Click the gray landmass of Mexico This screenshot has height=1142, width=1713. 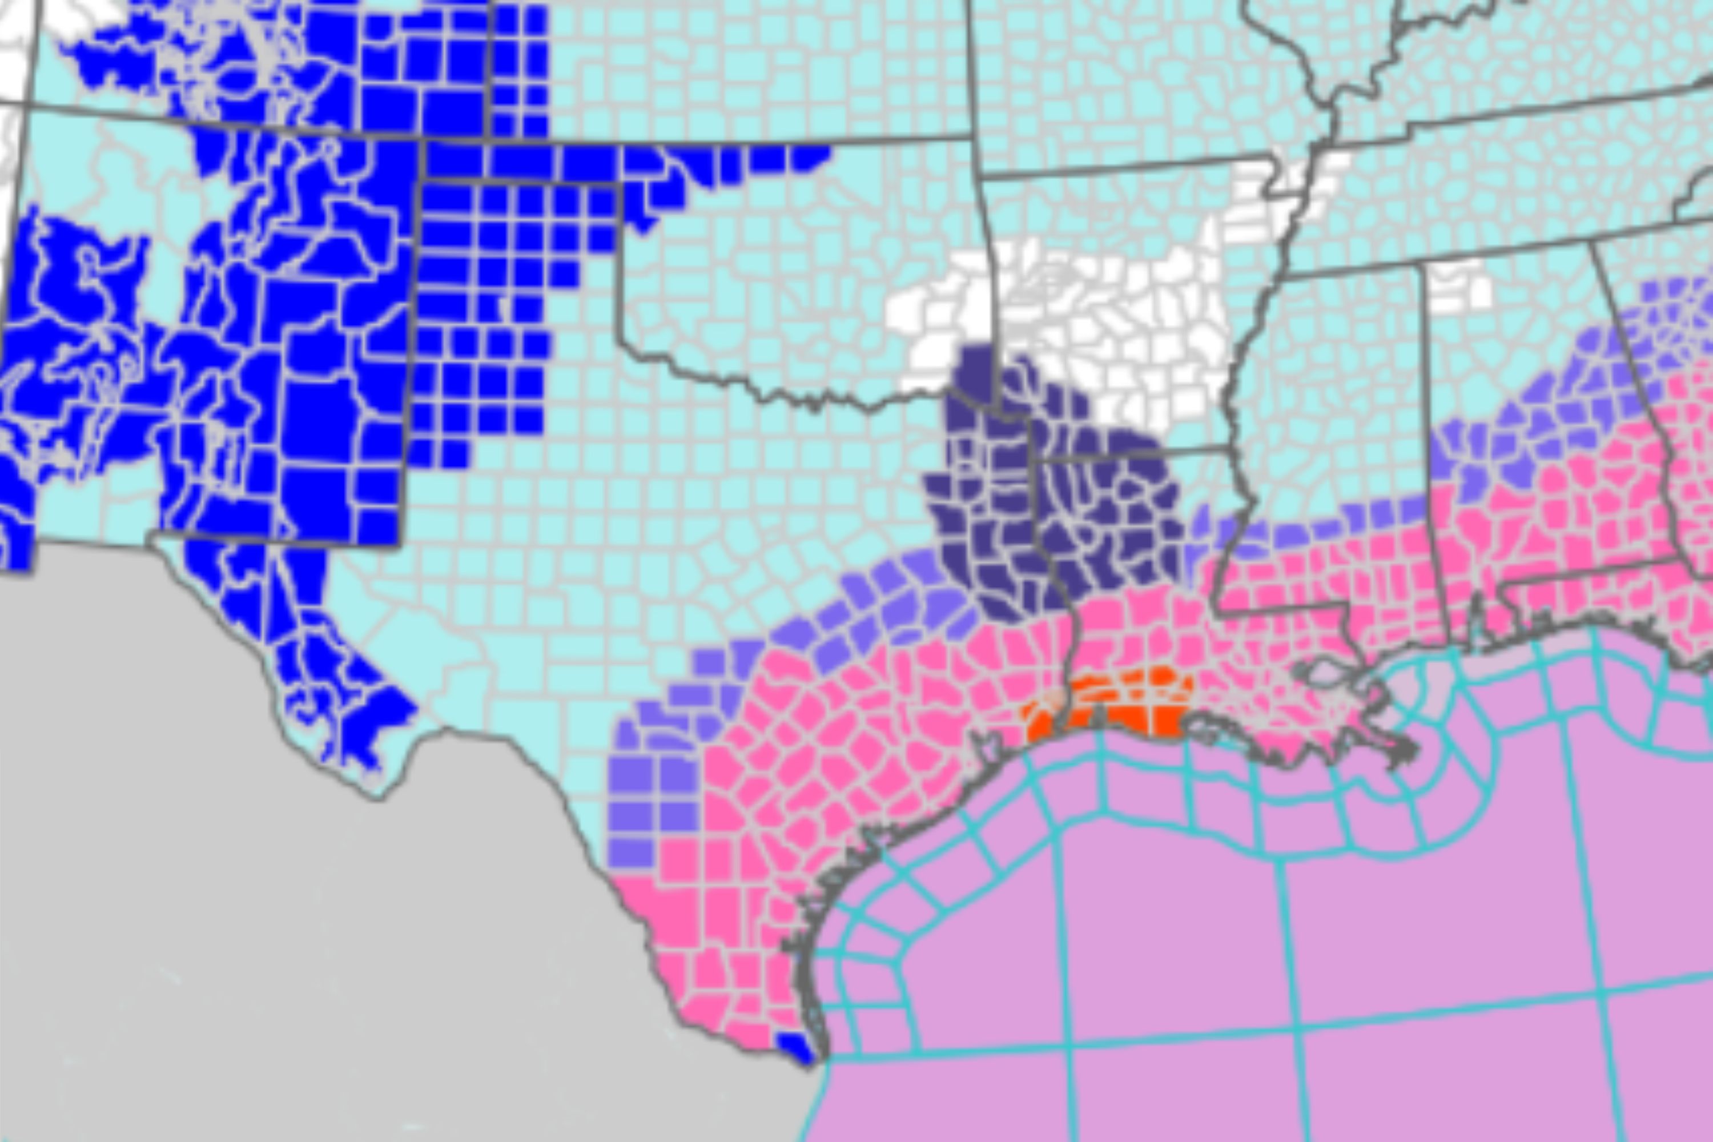click(291, 910)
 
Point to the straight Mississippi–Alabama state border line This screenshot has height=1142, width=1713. click(1427, 437)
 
